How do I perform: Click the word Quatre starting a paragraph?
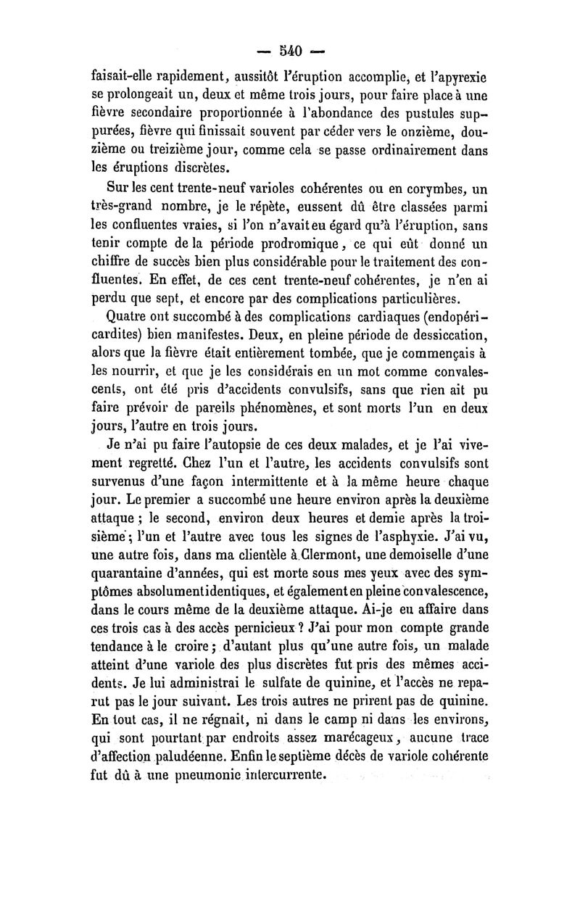coord(128,317)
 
